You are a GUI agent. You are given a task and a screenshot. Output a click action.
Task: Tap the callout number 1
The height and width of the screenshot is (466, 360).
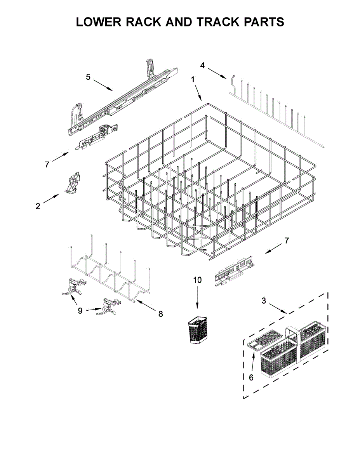193,80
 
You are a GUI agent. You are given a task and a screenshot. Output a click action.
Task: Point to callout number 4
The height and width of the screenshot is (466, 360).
202,65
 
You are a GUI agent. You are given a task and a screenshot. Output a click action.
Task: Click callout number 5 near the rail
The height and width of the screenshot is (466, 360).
88,77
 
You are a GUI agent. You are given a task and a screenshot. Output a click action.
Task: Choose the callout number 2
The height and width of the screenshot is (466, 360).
38,206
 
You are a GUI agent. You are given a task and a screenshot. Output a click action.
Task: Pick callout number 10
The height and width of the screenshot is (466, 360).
197,280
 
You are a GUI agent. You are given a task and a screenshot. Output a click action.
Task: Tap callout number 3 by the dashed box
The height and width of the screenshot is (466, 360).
264,301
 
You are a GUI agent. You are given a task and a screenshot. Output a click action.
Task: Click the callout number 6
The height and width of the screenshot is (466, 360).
251,377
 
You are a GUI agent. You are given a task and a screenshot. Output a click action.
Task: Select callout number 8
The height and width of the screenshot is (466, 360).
161,314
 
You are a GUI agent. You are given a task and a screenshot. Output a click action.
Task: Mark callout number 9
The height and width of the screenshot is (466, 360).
80,311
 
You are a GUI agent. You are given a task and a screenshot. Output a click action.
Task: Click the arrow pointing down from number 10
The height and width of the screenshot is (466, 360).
197,297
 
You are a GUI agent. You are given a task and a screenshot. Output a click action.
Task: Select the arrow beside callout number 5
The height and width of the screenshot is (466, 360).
103,85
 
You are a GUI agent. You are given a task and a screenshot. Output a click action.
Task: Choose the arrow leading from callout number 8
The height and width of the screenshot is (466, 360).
144,305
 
